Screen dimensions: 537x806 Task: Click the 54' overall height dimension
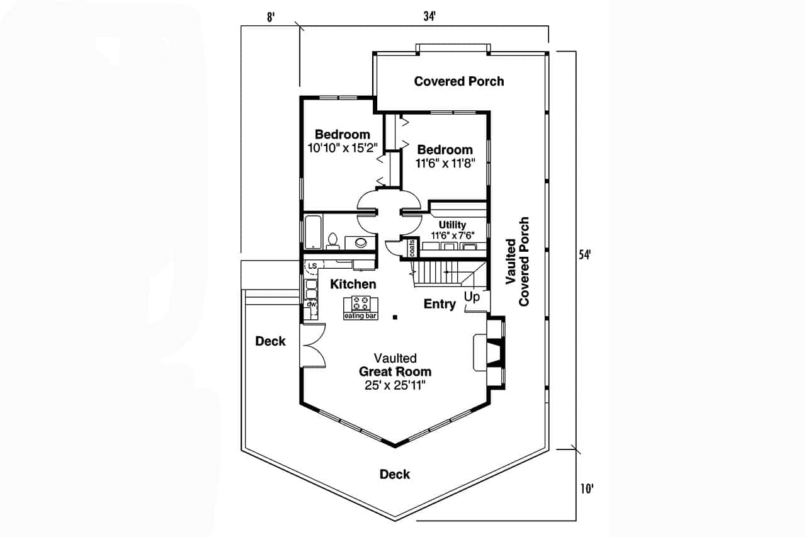click(585, 255)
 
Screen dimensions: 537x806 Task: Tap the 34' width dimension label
click(430, 17)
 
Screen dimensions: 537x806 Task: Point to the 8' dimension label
click(271, 17)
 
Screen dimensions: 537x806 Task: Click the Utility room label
click(452, 225)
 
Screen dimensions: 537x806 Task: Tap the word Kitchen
click(353, 285)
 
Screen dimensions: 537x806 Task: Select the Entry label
click(440, 304)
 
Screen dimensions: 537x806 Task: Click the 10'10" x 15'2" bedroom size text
click(342, 149)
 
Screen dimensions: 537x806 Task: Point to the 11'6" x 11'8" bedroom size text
click(445, 163)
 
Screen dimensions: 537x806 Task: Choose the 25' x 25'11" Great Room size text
click(395, 385)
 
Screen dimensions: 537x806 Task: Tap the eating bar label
click(360, 316)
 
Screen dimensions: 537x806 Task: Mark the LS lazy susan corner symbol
click(312, 266)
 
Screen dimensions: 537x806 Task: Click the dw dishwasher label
click(310, 305)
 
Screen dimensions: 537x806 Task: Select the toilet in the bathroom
click(334, 240)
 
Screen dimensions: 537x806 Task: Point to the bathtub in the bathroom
click(313, 232)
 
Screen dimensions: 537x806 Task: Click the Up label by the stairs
click(472, 296)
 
